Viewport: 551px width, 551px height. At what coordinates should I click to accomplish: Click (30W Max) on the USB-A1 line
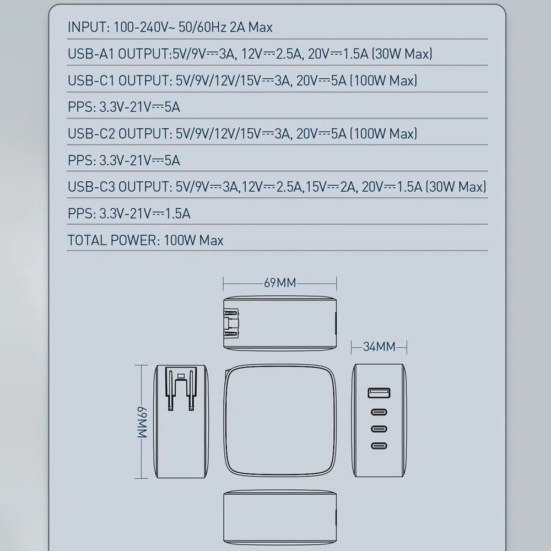(x=402, y=54)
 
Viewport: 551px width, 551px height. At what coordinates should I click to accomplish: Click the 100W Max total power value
(x=193, y=241)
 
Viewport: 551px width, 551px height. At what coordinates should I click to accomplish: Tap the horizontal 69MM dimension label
(x=280, y=283)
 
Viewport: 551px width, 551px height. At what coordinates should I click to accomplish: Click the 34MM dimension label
(x=379, y=347)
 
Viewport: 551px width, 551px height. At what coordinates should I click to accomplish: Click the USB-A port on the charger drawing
(x=379, y=393)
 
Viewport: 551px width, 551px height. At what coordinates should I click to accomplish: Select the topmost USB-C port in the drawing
(x=379, y=412)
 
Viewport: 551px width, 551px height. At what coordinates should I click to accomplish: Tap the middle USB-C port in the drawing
(x=379, y=429)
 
